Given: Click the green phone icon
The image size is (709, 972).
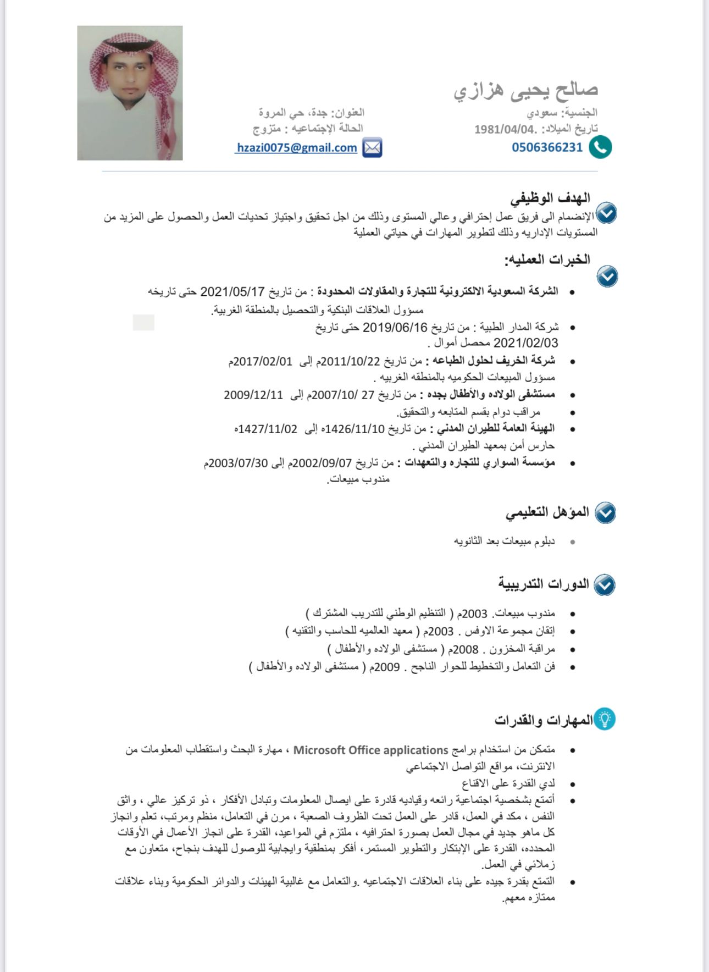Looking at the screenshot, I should (x=600, y=147).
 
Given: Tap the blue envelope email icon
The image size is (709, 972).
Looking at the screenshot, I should (x=372, y=148).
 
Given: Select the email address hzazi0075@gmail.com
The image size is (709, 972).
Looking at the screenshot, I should (x=297, y=148).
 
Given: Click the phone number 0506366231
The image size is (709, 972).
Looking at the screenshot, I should (x=547, y=147).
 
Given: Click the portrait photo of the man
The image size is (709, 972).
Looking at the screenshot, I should (x=130, y=93).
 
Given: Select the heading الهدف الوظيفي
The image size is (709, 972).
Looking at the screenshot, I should (x=550, y=198).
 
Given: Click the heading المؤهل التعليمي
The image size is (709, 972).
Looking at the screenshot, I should (x=547, y=512).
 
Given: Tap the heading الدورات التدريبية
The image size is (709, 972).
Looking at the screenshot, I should (x=544, y=584).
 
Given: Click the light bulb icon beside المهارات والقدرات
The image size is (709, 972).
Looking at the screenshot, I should (x=605, y=719).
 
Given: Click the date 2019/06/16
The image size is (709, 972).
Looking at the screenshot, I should (x=395, y=328).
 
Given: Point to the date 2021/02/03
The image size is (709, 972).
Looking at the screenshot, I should (x=525, y=344).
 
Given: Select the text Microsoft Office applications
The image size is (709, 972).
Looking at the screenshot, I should (x=371, y=750).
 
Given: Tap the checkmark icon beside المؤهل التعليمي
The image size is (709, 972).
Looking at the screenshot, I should (x=605, y=512).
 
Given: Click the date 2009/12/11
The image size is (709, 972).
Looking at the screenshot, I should (x=253, y=395).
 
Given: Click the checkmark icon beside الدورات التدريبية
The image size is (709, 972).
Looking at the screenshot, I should (x=605, y=584).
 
